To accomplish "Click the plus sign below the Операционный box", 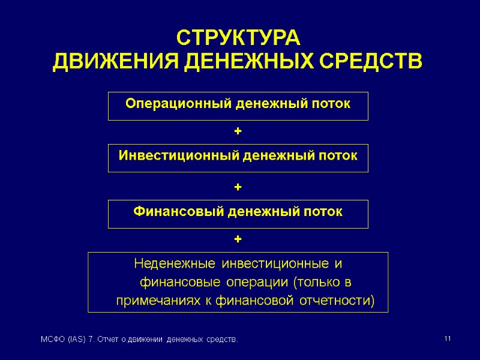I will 238,130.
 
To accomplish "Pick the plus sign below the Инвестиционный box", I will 238,188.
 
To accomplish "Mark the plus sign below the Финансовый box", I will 238,239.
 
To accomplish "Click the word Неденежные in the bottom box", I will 175,264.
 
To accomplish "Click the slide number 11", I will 447,340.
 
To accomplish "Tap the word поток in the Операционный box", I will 331,104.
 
